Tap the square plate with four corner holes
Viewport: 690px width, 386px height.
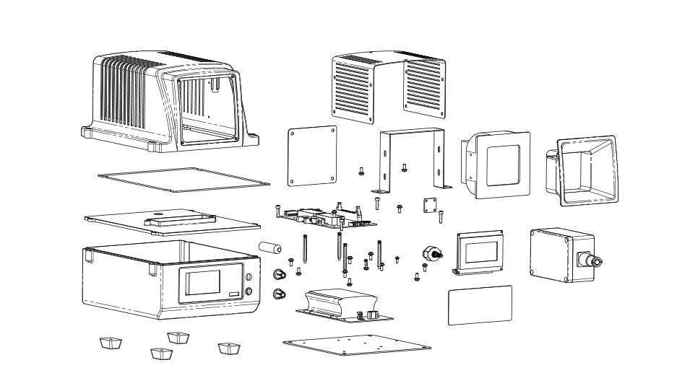pyautogui.click(x=312, y=156)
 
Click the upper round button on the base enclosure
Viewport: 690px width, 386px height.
pyautogui.click(x=249, y=277)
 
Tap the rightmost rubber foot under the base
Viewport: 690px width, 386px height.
pyautogui.click(x=228, y=348)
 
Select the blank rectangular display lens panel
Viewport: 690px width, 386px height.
pyautogui.click(x=480, y=304)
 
